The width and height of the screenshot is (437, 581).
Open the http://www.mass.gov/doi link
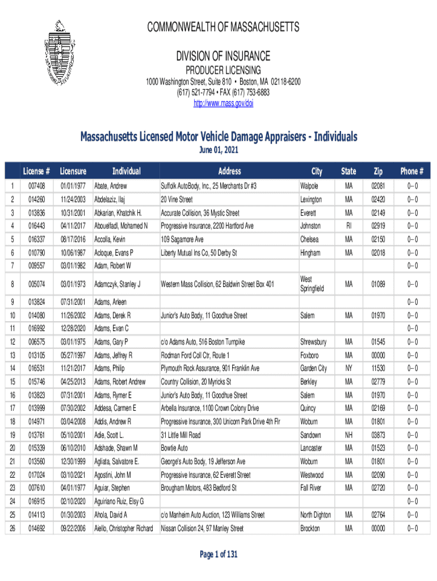223,103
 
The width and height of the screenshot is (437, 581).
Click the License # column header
37,171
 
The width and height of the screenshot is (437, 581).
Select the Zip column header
377,171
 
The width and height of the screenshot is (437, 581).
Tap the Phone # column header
412,171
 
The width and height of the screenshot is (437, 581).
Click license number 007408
36,186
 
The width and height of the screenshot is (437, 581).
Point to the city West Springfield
312,284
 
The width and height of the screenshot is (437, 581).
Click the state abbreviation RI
348,226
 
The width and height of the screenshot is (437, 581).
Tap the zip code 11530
378,368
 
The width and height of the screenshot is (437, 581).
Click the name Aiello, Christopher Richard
123,528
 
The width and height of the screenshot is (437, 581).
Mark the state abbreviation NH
348,435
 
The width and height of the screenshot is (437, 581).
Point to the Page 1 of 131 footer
218,554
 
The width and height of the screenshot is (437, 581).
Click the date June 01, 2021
218,150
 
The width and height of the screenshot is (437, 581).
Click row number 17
12,408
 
